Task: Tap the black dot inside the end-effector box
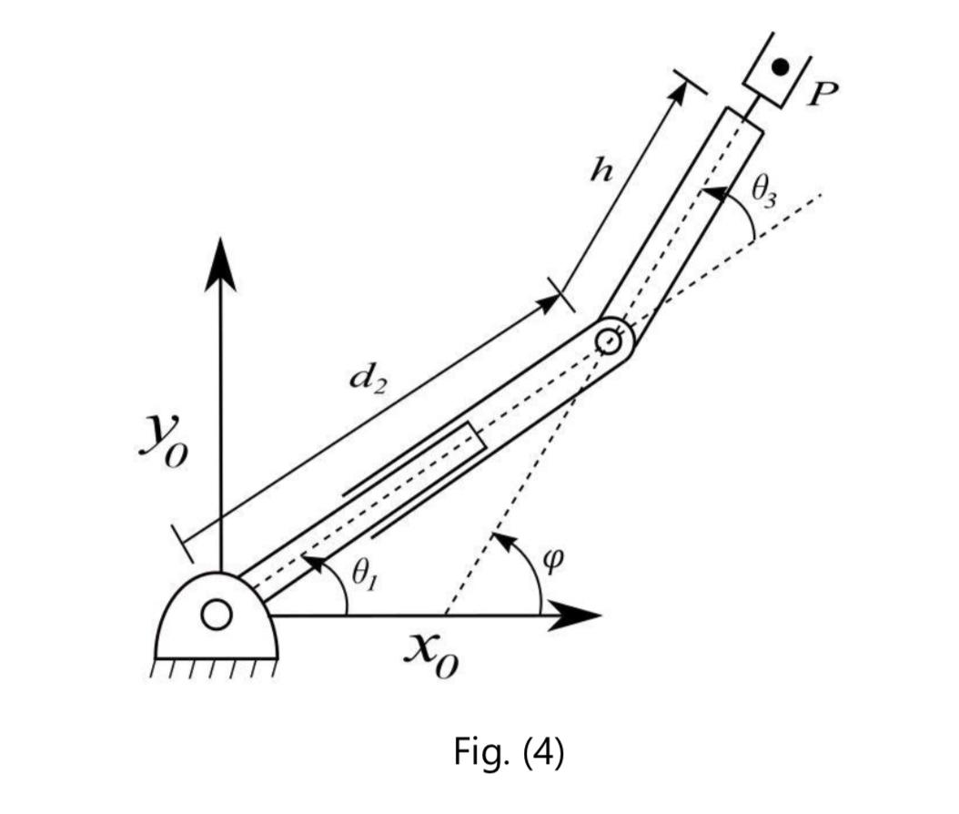tap(779, 66)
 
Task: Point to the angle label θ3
tap(765, 192)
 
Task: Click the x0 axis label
tap(432, 656)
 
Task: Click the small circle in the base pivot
tap(217, 616)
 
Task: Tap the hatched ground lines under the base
tap(217, 670)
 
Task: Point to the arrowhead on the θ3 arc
tap(712, 192)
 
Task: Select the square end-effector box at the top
tap(778, 69)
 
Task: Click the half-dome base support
tap(217, 619)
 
